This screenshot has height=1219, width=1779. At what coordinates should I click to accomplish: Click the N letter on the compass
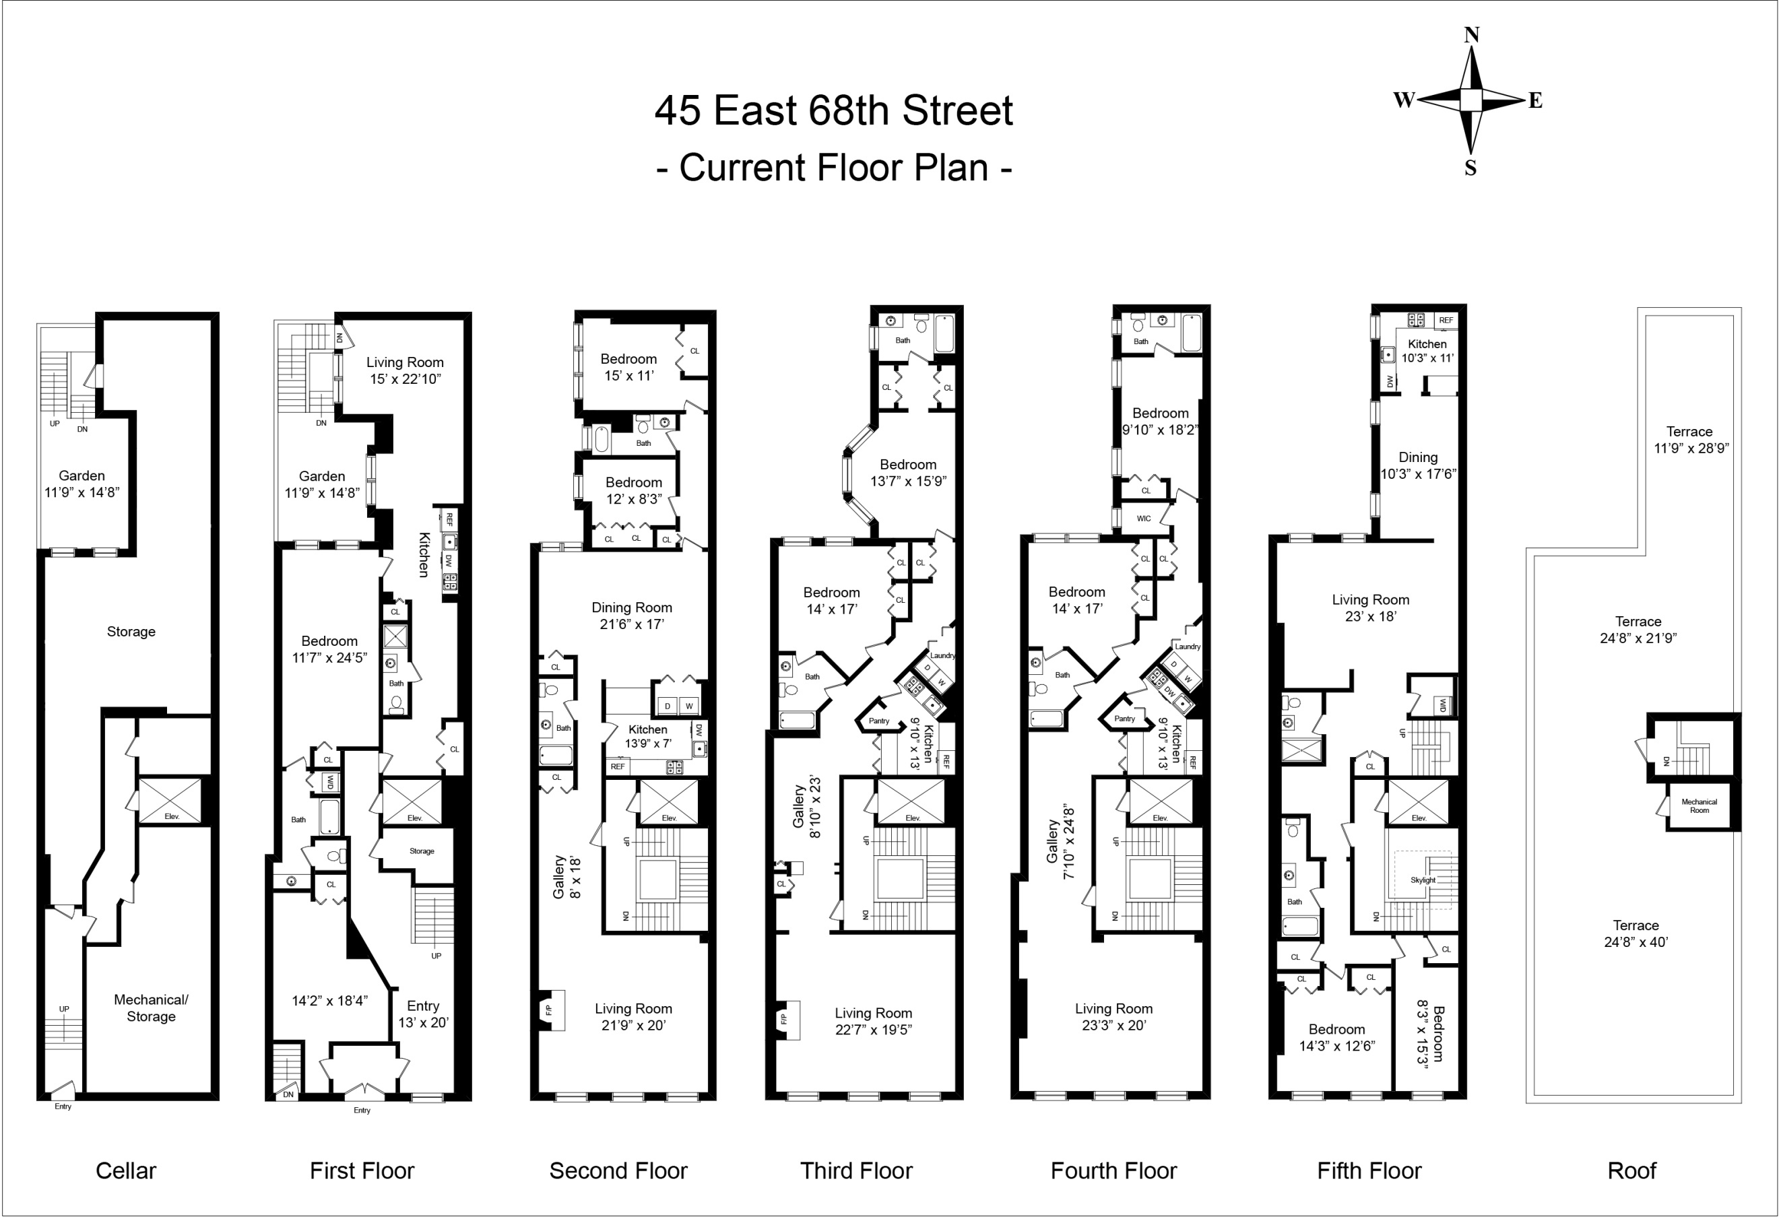pos(1471,35)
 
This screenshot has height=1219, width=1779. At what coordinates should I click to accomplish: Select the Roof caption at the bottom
pos(1631,1170)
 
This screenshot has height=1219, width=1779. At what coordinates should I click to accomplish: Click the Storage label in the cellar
pos(131,631)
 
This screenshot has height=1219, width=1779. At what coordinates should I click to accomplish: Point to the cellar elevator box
pos(170,800)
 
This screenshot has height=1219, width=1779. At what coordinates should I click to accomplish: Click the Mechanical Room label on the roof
pos(1699,805)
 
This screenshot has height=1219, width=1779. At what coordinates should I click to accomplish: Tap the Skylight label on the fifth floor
pos(1423,880)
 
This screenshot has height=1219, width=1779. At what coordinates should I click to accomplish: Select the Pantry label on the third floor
pos(879,721)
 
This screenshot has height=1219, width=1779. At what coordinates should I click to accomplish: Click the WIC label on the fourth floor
pos(1144,518)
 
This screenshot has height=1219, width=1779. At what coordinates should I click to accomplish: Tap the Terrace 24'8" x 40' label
pos(1636,933)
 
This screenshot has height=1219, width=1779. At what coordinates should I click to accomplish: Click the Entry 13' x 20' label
pos(423,1014)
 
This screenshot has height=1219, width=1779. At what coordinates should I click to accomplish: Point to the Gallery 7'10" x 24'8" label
pos(1060,842)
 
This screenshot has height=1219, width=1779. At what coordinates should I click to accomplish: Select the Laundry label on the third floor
pos(942,655)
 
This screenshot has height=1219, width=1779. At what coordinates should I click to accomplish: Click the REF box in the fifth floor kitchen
pos(1446,321)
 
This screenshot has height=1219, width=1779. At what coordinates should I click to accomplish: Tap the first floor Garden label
pos(321,484)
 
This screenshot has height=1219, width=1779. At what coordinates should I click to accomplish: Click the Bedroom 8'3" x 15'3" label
pos(1429,1033)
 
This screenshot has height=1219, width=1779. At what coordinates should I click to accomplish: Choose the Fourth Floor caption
pos(1113,1170)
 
